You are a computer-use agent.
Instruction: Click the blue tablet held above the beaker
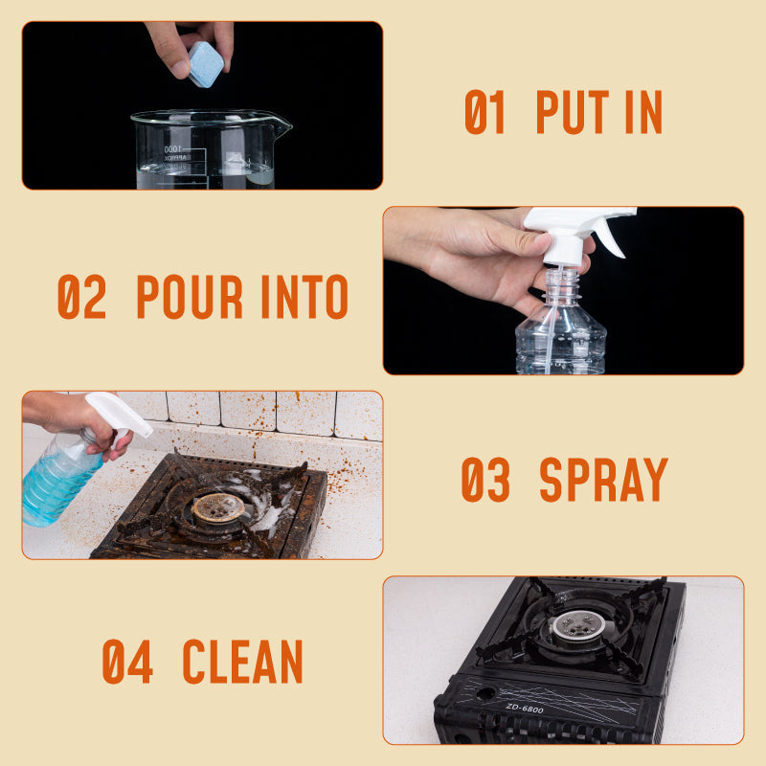(x=205, y=63)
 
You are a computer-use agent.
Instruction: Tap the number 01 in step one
(x=484, y=112)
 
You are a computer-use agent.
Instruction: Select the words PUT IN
(x=598, y=112)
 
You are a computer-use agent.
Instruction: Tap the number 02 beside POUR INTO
(x=81, y=297)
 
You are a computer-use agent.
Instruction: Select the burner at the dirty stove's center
(x=218, y=507)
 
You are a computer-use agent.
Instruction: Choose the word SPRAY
(x=603, y=480)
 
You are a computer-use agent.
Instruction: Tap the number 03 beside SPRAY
(x=487, y=480)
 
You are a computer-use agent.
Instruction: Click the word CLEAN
(x=242, y=661)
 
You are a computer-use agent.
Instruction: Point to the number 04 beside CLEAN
(x=127, y=661)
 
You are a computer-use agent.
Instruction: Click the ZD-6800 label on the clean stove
(x=524, y=709)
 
